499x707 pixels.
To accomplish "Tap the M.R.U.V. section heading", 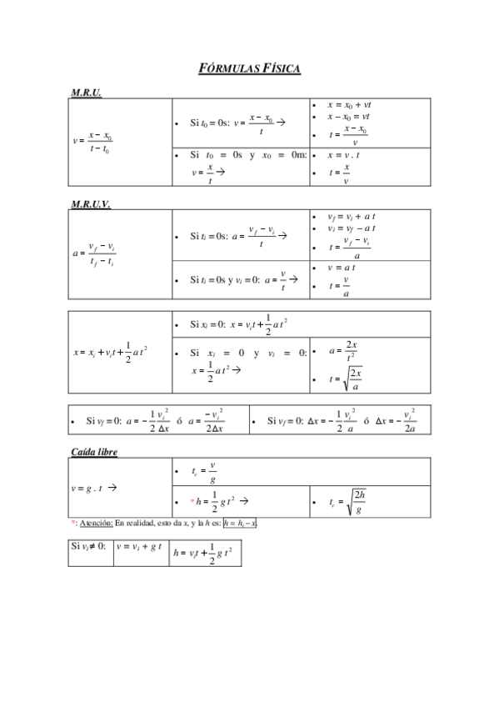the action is pyautogui.click(x=91, y=203).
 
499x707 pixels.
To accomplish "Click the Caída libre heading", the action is pyautogui.click(x=93, y=451).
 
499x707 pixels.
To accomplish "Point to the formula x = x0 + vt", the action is pyautogui.click(x=348, y=105).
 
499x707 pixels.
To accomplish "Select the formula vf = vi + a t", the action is pyautogui.click(x=351, y=215).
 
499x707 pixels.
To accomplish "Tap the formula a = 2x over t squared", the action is pyautogui.click(x=344, y=349).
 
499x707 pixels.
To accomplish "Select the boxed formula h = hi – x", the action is pyautogui.click(x=241, y=523).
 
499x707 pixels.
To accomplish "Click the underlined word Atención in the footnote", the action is pyautogui.click(x=94, y=523).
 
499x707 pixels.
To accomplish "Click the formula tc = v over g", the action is pyautogui.click(x=202, y=472).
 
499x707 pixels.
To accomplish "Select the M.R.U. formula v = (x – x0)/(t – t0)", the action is pyautogui.click(x=92, y=143).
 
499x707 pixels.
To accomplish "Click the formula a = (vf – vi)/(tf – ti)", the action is pyautogui.click(x=93, y=253).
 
